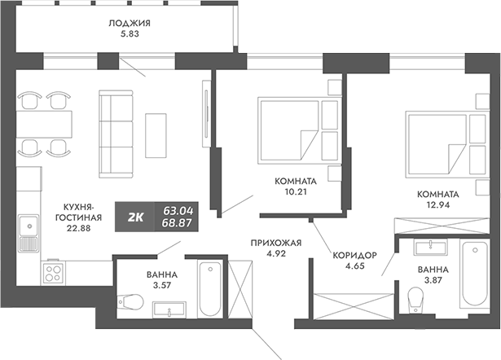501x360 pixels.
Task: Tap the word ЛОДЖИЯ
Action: tap(129, 24)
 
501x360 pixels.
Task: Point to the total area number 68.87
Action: tap(178, 222)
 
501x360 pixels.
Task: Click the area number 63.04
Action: tap(178, 209)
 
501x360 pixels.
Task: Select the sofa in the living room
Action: tap(111, 134)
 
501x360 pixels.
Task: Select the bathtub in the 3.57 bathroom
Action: tap(209, 288)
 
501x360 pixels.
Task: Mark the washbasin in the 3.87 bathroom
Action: tap(428, 248)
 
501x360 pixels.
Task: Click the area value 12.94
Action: tap(437, 206)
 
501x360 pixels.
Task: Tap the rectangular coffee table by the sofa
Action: tap(156, 134)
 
